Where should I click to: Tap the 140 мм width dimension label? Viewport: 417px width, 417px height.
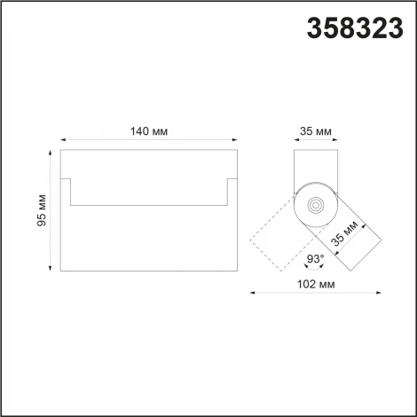coord(148,131)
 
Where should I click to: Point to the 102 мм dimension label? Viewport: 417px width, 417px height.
coord(315,285)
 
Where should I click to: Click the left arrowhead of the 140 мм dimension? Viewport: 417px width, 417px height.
coord(63,140)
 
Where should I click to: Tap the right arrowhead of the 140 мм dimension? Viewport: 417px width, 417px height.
coord(234,140)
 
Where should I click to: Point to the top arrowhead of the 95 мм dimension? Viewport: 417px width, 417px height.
coord(51,153)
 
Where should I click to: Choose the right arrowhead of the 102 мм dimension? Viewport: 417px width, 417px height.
coord(380,294)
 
